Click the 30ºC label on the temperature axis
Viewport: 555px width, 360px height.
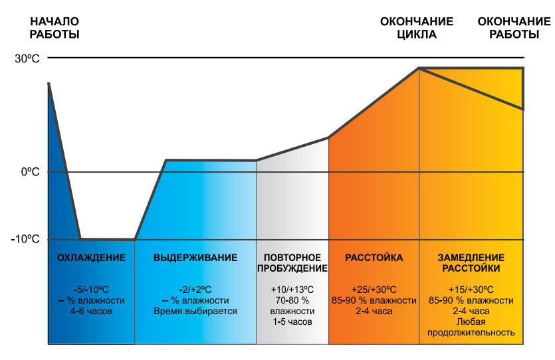pyautogui.click(x=27, y=58)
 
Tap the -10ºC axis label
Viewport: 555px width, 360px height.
pyautogui.click(x=27, y=239)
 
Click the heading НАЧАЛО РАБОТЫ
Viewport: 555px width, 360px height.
pyautogui.click(x=55, y=28)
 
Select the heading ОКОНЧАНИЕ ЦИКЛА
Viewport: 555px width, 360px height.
pyautogui.click(x=417, y=28)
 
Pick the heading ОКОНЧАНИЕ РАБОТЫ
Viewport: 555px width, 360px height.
pyautogui.click(x=508, y=28)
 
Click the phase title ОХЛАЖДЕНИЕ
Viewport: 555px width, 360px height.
pyautogui.click(x=91, y=258)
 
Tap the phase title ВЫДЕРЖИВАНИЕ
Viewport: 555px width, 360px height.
pyautogui.click(x=195, y=258)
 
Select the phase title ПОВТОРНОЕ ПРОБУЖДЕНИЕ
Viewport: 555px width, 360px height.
pyautogui.click(x=292, y=263)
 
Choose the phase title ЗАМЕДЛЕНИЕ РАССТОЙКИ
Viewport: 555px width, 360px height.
pyautogui.click(x=471, y=263)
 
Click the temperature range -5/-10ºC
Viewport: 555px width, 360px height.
pyautogui.click(x=91, y=290)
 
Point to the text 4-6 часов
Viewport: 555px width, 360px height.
pyautogui.click(x=91, y=311)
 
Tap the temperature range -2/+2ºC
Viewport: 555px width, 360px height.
pyautogui.click(x=195, y=290)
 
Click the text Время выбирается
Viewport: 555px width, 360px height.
pyautogui.click(x=195, y=311)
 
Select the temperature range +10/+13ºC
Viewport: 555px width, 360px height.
pyautogui.click(x=292, y=290)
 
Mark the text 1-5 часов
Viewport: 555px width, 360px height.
pyautogui.click(x=292, y=321)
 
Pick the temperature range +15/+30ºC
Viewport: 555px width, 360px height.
pyautogui.click(x=471, y=290)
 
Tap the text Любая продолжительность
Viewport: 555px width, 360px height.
pyautogui.click(x=471, y=327)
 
